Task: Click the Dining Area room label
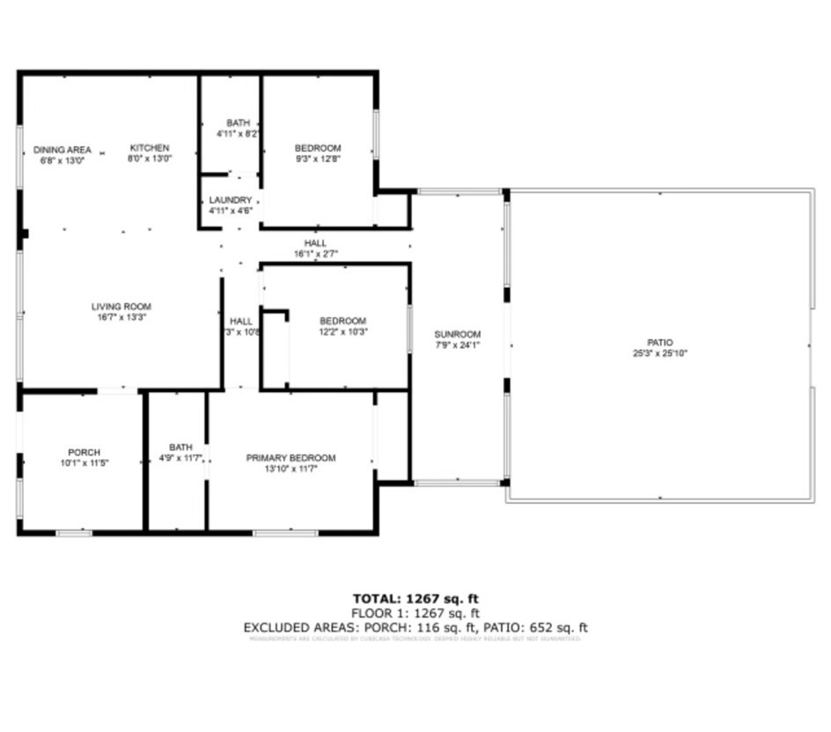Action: (x=63, y=150)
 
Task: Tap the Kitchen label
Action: (x=150, y=148)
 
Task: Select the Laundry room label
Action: (x=231, y=200)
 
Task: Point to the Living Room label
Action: (x=121, y=307)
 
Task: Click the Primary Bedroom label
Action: (x=290, y=458)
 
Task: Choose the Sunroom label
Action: (x=458, y=335)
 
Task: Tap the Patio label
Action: (x=660, y=342)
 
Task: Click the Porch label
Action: (x=84, y=452)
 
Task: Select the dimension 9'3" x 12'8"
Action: (x=318, y=159)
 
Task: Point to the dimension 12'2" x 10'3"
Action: (x=342, y=332)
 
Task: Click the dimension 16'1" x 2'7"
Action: (x=315, y=254)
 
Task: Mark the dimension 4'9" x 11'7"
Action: (x=180, y=458)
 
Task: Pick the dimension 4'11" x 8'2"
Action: (x=238, y=134)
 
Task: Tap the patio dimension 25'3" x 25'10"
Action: (x=660, y=353)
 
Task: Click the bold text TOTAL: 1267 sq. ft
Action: (x=415, y=599)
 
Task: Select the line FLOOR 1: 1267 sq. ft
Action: (x=415, y=613)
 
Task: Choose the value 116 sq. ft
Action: (x=447, y=628)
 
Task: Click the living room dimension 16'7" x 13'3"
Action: (x=121, y=317)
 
